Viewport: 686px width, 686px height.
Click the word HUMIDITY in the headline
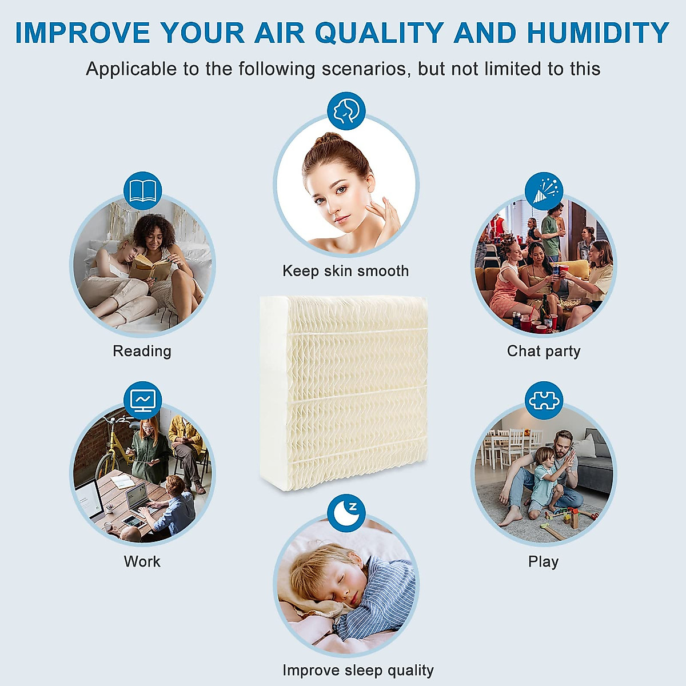597,33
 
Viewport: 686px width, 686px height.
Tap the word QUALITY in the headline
378,33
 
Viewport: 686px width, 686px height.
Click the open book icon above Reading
142,190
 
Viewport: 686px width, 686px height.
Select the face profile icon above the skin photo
346,110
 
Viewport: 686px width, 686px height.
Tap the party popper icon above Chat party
544,190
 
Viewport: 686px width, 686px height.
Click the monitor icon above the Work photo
142,400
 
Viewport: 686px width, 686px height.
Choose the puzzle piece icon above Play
544,400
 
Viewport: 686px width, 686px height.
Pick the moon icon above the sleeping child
346,513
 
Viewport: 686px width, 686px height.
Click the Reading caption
142,351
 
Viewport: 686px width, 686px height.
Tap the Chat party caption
544,351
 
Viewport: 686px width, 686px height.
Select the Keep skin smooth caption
345,271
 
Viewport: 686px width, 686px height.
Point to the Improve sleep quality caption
358,670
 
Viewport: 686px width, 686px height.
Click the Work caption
142,561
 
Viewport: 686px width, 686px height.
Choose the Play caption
543,562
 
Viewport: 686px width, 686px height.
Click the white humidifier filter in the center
343,392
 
